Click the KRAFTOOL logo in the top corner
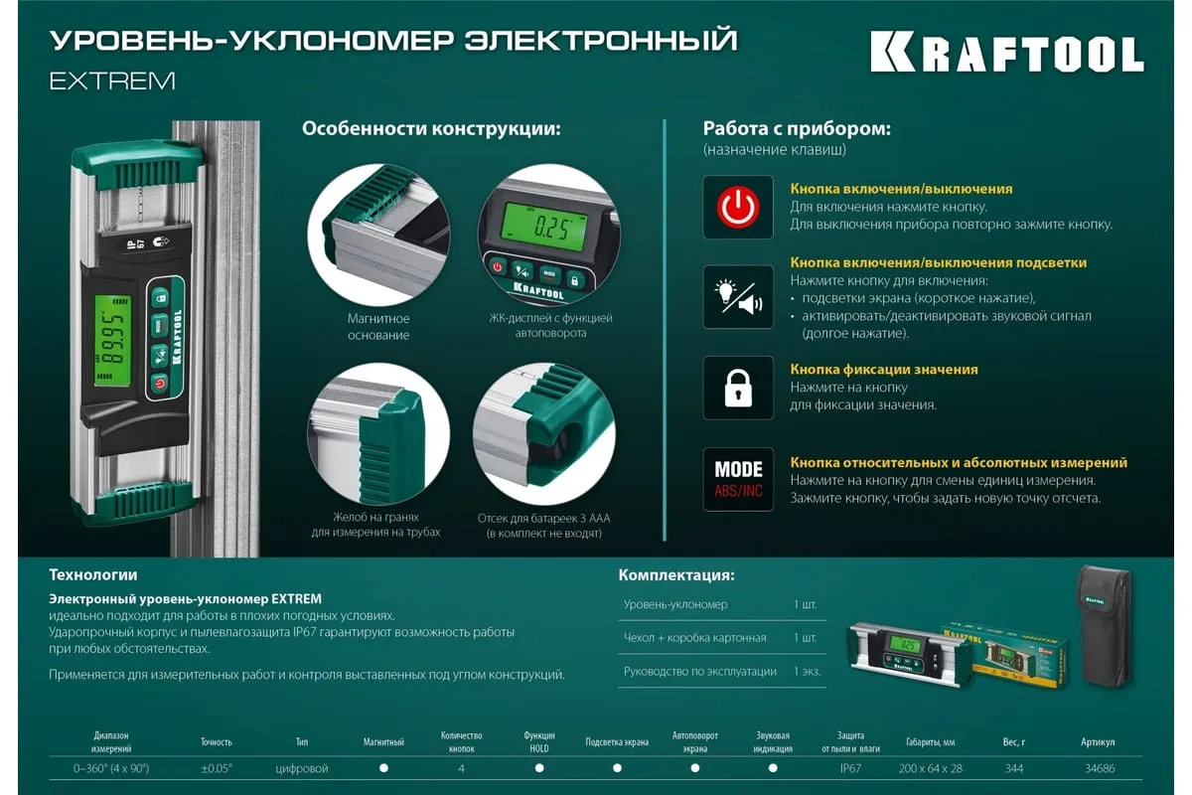click(x=1007, y=52)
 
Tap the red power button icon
click(x=737, y=207)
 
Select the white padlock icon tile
click(x=737, y=388)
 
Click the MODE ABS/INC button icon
click(x=737, y=479)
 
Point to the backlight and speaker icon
click(x=737, y=297)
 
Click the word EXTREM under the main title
click(x=112, y=80)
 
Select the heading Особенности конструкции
click(x=431, y=129)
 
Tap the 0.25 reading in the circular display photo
click(x=552, y=228)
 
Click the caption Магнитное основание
click(x=378, y=326)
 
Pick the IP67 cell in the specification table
click(x=850, y=768)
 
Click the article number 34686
click(x=1100, y=768)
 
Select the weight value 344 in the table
click(x=1014, y=768)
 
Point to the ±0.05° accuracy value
click(x=217, y=768)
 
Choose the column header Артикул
click(x=1098, y=741)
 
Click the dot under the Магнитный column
click(x=383, y=768)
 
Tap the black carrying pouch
click(x=1105, y=627)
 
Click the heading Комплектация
click(x=676, y=575)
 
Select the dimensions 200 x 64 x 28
click(x=930, y=768)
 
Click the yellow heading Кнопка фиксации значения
click(x=884, y=370)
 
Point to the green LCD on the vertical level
click(x=113, y=341)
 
